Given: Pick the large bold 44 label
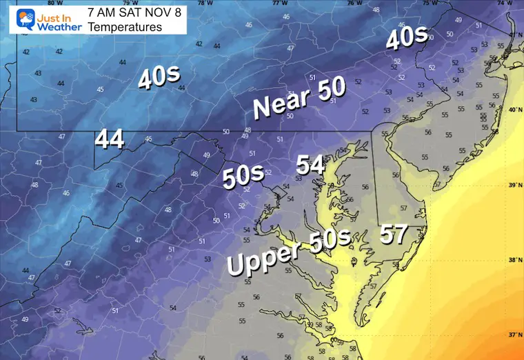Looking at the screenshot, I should pyautogui.click(x=110, y=139).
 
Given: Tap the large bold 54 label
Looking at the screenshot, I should pyautogui.click(x=311, y=166).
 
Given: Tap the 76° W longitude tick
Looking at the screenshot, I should pyautogui.click(x=354, y=3).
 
